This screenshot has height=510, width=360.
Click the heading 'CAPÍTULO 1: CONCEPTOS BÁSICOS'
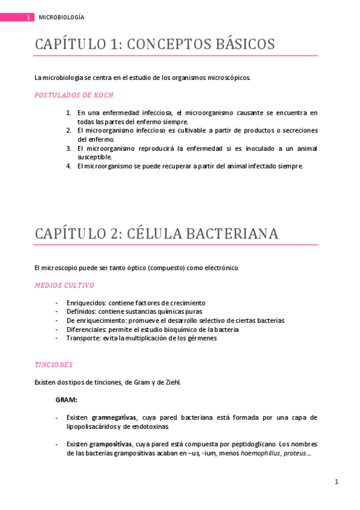pyautogui.click(x=154, y=45)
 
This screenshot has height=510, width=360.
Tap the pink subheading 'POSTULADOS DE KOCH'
pyautogui.click(x=74, y=95)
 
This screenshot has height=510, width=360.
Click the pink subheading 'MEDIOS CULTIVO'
pyautogui.click(x=64, y=285)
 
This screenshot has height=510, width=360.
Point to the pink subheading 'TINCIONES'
pyautogui.click(x=53, y=364)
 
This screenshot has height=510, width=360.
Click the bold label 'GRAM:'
pyautogui.click(x=66, y=399)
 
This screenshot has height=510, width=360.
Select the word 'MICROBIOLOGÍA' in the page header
pyautogui.click(x=61, y=17)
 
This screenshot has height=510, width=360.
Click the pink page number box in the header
pyautogui.click(x=28, y=17)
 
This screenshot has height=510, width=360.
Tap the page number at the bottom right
pyautogui.click(x=337, y=482)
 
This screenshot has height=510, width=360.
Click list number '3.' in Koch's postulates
pyautogui.click(x=69, y=148)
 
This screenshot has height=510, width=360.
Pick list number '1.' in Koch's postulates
pyautogui.click(x=69, y=112)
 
